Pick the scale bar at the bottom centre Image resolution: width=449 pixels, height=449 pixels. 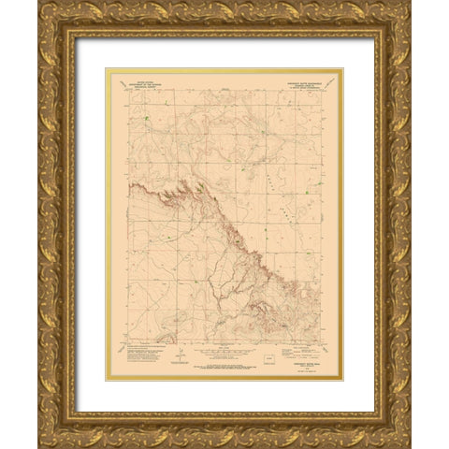point(224,355)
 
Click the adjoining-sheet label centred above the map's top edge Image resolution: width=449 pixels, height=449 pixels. point(225,91)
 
